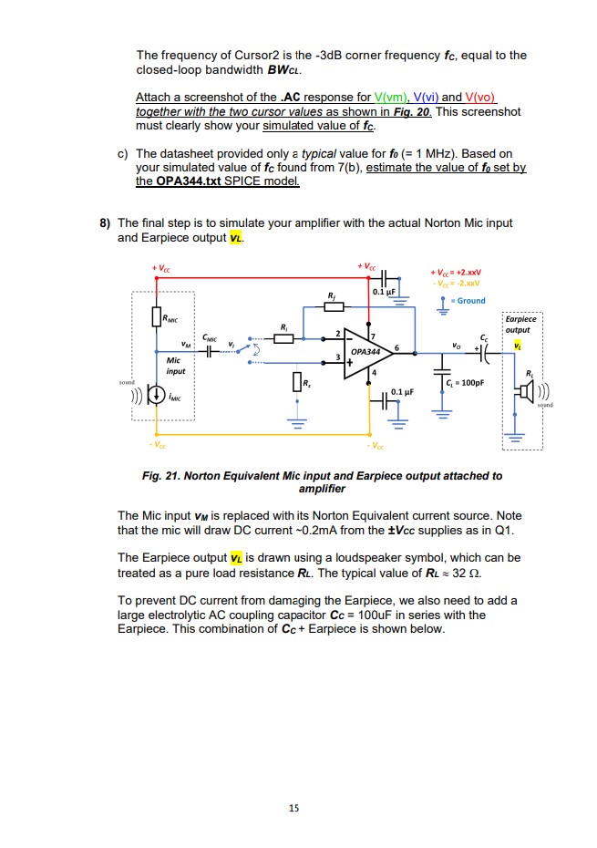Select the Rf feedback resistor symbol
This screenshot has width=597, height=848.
[332, 305]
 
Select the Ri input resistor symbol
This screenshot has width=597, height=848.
[284, 338]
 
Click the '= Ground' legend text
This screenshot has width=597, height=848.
[470, 301]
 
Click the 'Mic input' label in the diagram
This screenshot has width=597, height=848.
[176, 366]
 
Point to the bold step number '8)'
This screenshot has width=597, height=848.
[106, 222]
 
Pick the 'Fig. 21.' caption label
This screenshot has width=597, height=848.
[162, 476]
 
